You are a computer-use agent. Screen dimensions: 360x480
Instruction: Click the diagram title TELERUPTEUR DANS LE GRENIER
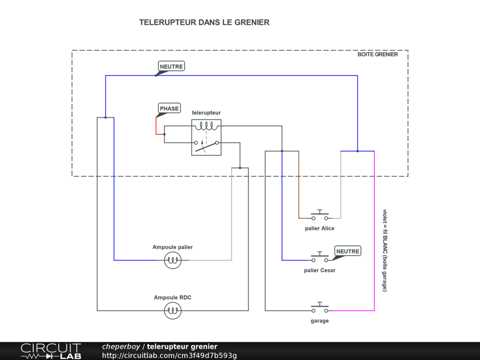pos(204,22)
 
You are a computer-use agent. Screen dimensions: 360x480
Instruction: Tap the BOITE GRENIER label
pos(377,54)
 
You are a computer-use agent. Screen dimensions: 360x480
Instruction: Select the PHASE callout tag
pos(169,109)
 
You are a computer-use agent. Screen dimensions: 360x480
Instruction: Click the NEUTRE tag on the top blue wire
pos(171,67)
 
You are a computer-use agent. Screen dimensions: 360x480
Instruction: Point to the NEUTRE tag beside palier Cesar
pos(347,252)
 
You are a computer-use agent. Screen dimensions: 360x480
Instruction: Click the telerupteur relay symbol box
pos(206,137)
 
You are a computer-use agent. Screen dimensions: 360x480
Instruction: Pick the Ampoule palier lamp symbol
pos(172,260)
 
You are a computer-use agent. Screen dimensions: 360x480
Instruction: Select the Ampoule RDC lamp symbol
pos(172,310)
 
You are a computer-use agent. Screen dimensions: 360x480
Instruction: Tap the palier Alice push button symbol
pos(320,217)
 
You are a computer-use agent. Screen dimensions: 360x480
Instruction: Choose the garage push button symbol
pos(320,309)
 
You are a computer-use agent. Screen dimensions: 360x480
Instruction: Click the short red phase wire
pos(157,126)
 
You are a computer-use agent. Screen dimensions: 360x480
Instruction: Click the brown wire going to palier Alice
pos(299,187)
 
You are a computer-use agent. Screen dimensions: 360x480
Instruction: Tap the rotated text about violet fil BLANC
pos(385,250)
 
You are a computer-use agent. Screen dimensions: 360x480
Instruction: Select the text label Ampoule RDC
pos(172,298)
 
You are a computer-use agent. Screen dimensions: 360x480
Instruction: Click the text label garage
pos(320,321)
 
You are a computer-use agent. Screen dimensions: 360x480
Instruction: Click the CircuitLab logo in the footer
pos(51,351)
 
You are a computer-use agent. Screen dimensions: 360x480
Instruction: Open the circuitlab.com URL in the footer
pos(169,355)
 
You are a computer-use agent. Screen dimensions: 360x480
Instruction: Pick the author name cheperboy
pos(121,346)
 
